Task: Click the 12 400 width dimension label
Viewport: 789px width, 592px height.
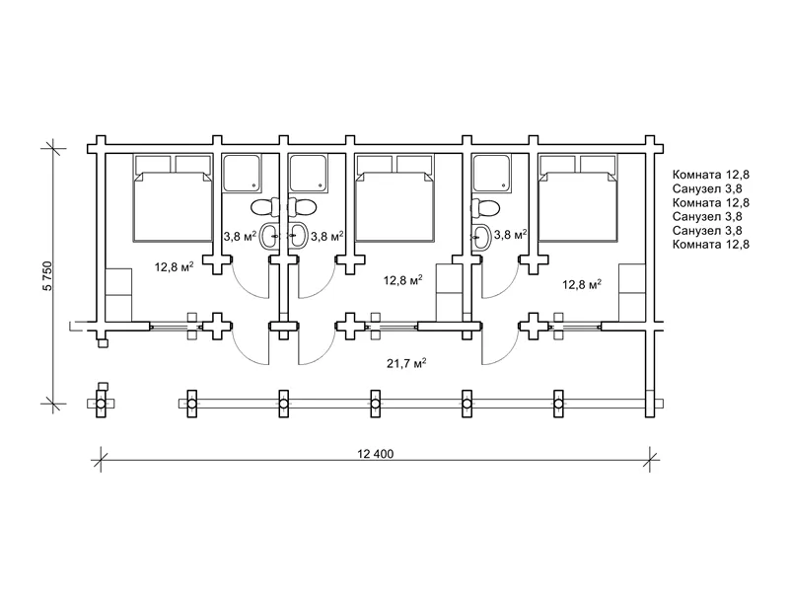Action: [x=376, y=454]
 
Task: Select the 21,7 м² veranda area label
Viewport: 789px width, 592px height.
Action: [x=406, y=362]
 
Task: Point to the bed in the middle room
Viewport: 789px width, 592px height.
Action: [x=394, y=198]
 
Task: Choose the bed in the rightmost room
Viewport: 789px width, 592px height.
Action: [x=578, y=198]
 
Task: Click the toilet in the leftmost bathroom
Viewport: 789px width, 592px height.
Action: [x=265, y=207]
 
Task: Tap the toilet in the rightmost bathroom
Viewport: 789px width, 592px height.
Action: [x=485, y=207]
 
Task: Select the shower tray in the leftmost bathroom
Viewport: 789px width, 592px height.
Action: [x=242, y=173]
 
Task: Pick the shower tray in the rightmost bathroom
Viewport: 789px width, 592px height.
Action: [x=491, y=173]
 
